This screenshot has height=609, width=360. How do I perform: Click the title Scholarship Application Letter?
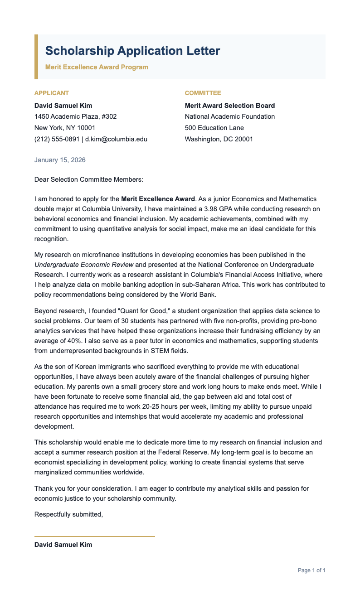click(x=132, y=51)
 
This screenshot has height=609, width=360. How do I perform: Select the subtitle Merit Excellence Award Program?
click(x=97, y=67)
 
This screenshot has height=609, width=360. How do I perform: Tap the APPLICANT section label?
click(x=52, y=93)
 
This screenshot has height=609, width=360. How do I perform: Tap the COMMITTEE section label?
click(x=203, y=93)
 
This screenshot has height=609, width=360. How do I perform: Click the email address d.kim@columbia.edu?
click(x=116, y=139)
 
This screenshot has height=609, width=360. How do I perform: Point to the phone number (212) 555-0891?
click(x=57, y=139)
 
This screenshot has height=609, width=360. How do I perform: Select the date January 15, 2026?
click(x=60, y=160)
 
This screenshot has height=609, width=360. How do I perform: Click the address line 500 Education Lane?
click(x=214, y=128)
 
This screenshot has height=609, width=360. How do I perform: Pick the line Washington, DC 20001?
click(x=219, y=139)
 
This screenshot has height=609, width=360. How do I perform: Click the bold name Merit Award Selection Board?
click(x=229, y=106)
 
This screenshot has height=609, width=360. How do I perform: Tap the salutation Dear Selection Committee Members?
click(x=88, y=179)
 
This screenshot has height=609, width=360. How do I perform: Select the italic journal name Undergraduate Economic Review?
click(x=84, y=265)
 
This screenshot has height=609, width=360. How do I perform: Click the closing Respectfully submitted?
click(x=68, y=514)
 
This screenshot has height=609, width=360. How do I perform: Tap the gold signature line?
click(x=94, y=536)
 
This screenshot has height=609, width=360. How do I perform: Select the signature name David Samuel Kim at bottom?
click(x=63, y=545)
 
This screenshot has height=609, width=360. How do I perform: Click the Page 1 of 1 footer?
click(x=311, y=570)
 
